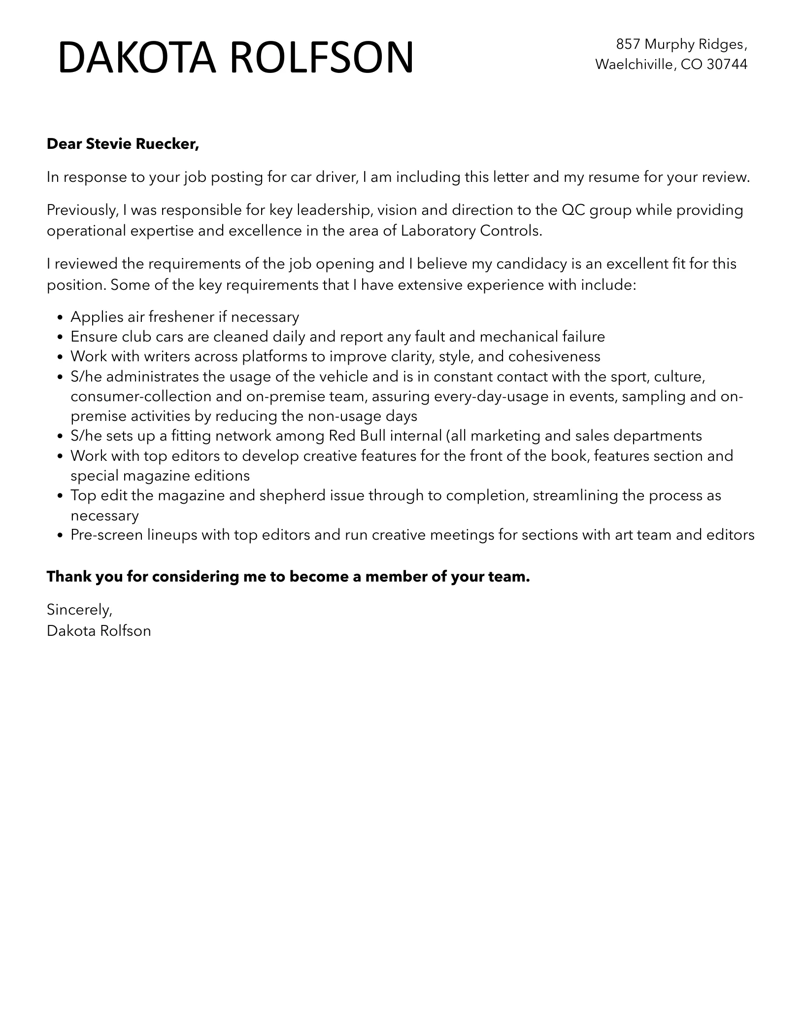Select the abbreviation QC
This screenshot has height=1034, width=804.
(x=573, y=210)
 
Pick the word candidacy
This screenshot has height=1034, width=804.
(x=532, y=264)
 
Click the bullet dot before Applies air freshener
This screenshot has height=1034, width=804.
(x=61, y=317)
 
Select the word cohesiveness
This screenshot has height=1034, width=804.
(x=554, y=356)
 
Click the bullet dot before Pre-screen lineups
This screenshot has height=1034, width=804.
(x=61, y=536)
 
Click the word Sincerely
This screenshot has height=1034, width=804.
(x=79, y=610)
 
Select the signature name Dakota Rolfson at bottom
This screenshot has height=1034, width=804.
(x=99, y=631)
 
